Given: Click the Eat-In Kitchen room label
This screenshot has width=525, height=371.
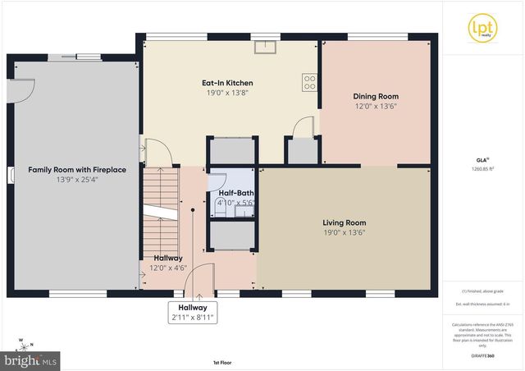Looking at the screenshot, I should click(x=227, y=83).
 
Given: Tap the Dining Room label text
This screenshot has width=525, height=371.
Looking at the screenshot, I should click(x=376, y=96).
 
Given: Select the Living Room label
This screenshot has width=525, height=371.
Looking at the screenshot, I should click(x=345, y=222).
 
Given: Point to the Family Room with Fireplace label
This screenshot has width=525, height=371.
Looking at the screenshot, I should click(x=77, y=170).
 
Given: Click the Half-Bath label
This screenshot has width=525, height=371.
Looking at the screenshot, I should click(x=236, y=191).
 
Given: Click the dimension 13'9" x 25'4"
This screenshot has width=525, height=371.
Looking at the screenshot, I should click(x=77, y=180).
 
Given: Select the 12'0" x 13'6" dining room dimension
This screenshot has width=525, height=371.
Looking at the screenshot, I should click(x=376, y=106).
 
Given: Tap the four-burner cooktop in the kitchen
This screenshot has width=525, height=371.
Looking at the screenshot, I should click(x=309, y=82).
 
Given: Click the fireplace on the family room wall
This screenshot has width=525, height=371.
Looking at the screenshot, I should click(x=11, y=174).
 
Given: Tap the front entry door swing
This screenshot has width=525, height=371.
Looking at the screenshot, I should click(x=202, y=277).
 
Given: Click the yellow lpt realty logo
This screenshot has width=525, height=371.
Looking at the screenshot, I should click(x=480, y=26).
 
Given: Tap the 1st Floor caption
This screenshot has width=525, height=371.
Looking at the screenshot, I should click(x=222, y=362).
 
